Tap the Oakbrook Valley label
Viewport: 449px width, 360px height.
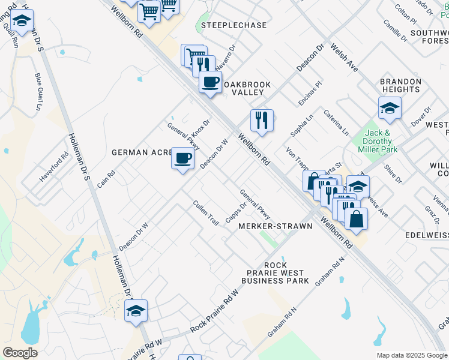247,88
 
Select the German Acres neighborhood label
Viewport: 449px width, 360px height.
142,152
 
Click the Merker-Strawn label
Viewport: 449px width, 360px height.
275,226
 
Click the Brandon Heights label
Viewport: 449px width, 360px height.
400,85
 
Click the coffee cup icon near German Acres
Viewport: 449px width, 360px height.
183,159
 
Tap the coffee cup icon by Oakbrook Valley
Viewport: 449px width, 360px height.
210,82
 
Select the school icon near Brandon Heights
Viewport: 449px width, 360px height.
390,109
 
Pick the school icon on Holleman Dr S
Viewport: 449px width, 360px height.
136,311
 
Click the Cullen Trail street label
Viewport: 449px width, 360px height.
205,212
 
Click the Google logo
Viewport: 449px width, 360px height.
20,353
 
